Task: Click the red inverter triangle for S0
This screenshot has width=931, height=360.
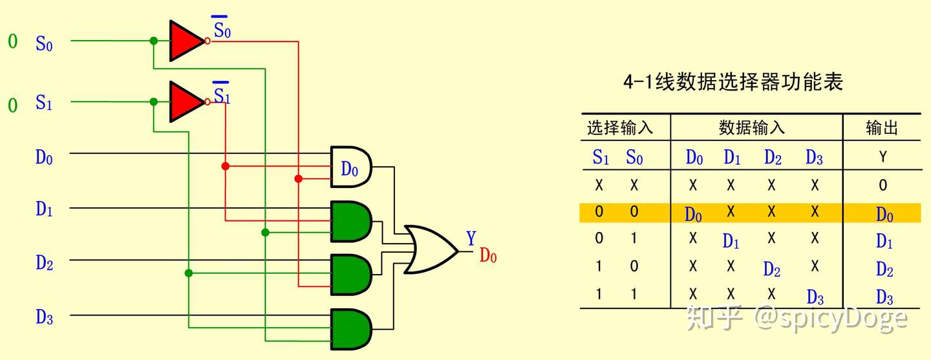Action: click(x=185, y=41)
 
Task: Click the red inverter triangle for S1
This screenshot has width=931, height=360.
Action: click(x=185, y=101)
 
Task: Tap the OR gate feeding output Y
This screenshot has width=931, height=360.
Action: click(x=427, y=249)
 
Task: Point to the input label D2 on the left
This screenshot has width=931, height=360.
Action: click(x=44, y=262)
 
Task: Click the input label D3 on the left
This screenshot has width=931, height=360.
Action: click(x=44, y=317)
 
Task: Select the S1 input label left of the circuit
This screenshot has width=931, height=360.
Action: click(x=44, y=103)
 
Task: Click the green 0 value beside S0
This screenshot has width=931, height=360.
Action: click(x=13, y=43)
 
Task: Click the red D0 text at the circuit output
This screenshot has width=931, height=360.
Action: click(x=488, y=256)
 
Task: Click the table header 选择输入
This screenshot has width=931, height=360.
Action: click(x=620, y=128)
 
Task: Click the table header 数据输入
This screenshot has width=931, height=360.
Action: click(x=751, y=128)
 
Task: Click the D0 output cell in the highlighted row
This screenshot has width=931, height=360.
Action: click(x=884, y=215)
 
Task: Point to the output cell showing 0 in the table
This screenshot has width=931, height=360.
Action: click(x=883, y=185)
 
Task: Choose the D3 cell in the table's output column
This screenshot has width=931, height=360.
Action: click(x=884, y=297)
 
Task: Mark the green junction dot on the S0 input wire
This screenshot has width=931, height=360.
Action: click(x=153, y=41)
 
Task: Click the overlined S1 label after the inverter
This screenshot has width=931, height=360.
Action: click(x=222, y=96)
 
